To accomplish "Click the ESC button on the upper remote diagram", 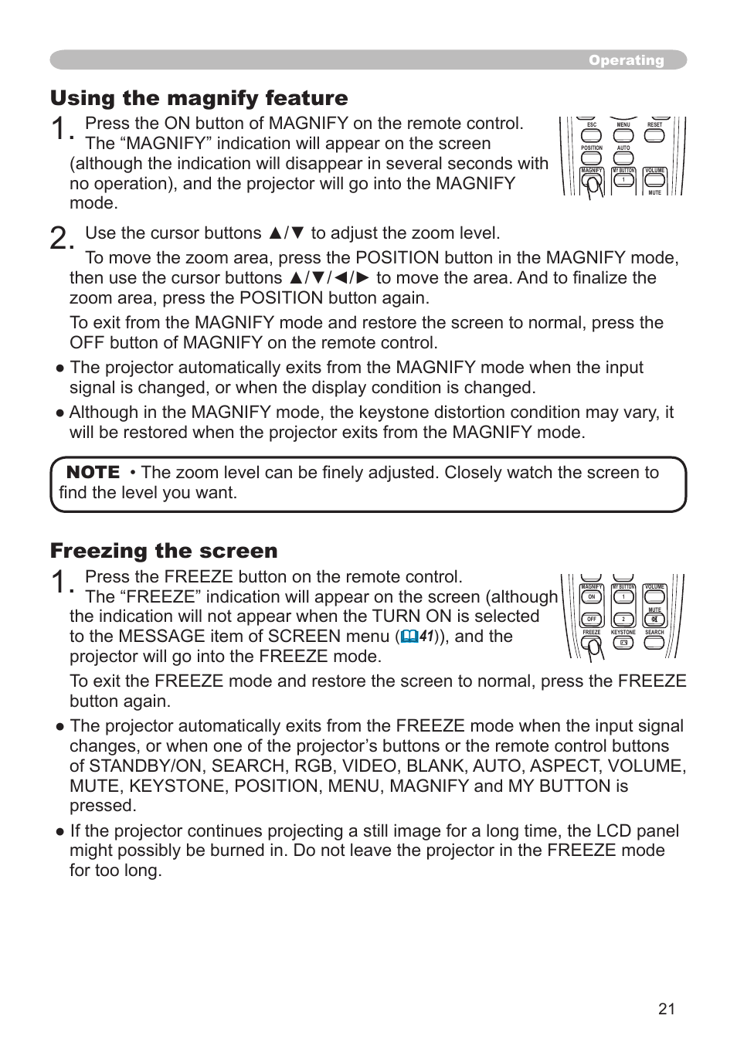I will click(592, 135).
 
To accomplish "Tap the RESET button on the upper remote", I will click(654, 135).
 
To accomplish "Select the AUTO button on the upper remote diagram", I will click(623, 158).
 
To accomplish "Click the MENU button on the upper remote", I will click(623, 135).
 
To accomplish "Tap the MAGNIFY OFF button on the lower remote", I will click(591, 620).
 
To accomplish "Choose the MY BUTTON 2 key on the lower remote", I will click(623, 620).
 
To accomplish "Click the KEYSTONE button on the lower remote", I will click(623, 643).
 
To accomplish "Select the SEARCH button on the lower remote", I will click(654, 643).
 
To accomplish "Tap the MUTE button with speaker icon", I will click(654, 620).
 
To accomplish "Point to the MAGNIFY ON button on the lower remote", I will click(591, 597).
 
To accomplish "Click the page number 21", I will click(667, 1009).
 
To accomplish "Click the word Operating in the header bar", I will click(626, 60).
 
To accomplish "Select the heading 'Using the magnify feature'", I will click(199, 98).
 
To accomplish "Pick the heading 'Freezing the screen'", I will click(164, 551).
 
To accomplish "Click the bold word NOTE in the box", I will click(93, 472).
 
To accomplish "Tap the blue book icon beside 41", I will click(409, 637).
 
